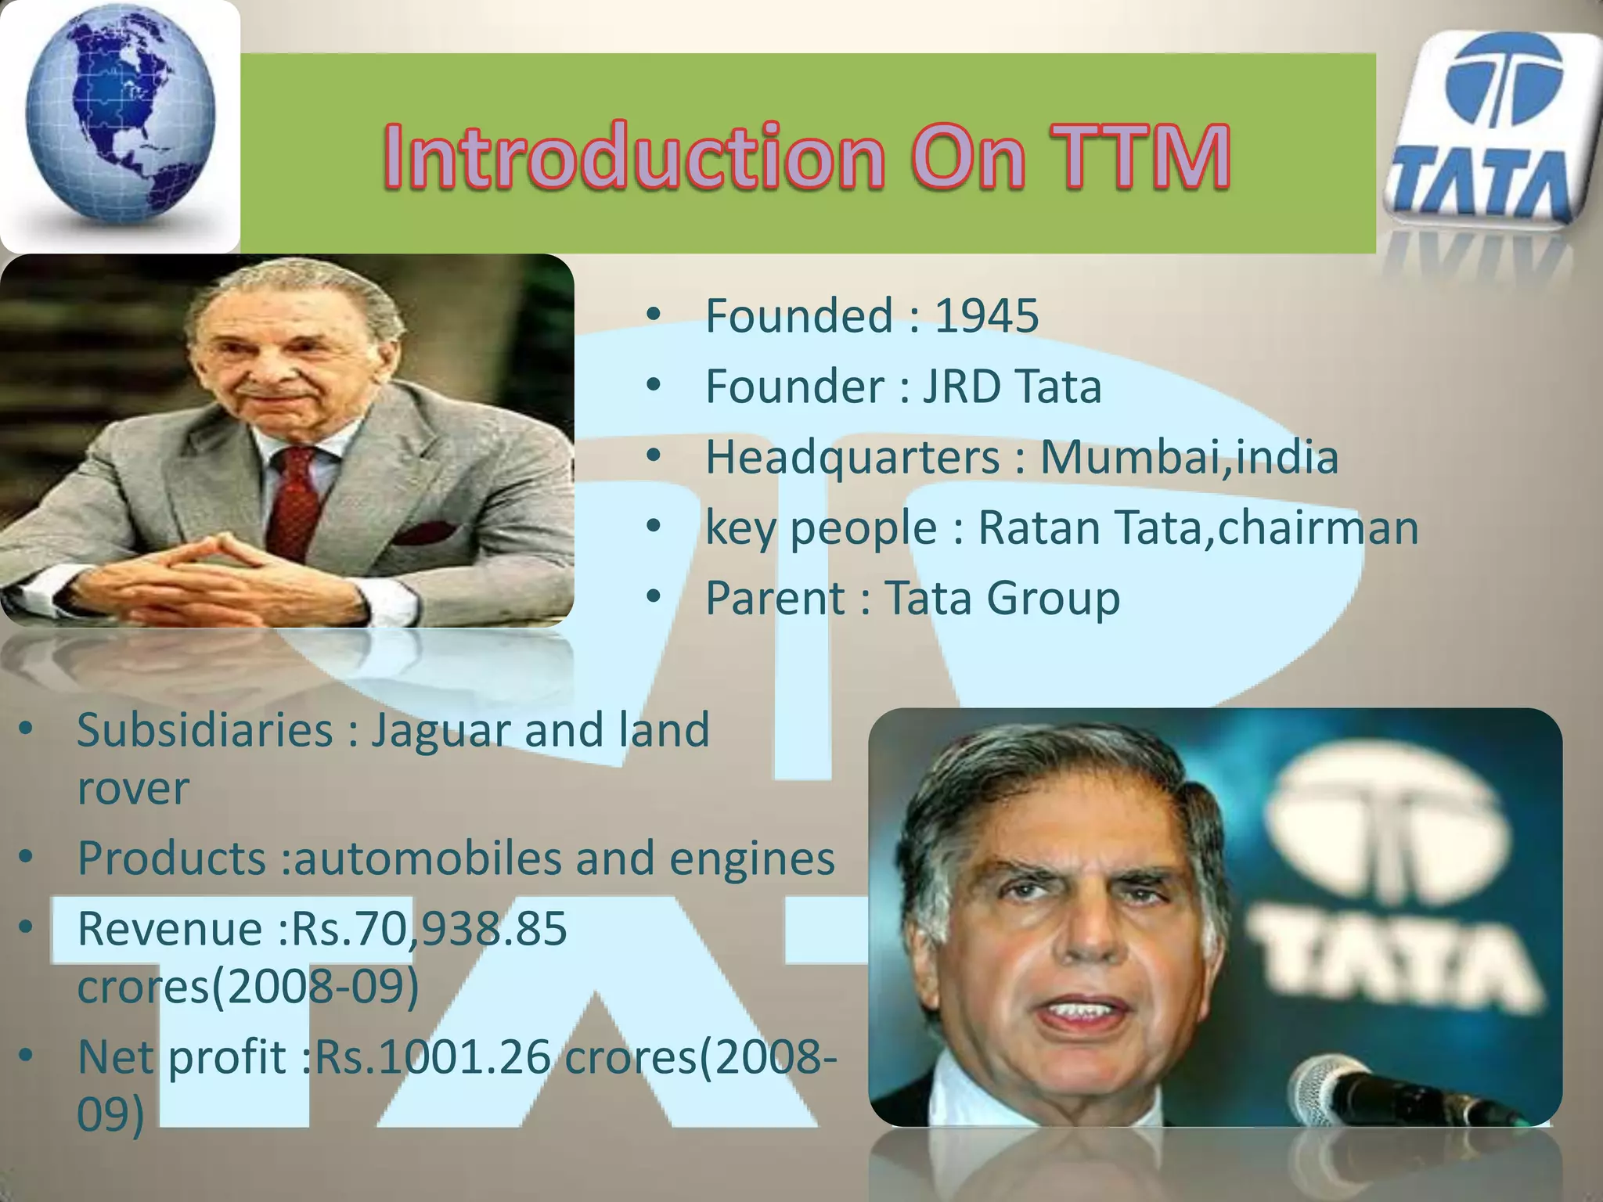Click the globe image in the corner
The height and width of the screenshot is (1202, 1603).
pyautogui.click(x=119, y=125)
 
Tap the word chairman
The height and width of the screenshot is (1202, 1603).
pyautogui.click(x=1318, y=527)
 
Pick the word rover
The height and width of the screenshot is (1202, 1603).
pyautogui.click(x=133, y=788)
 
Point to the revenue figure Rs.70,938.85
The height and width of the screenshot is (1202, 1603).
pyautogui.click(x=429, y=929)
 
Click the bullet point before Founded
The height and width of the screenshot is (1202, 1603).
pyautogui.click(x=654, y=315)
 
